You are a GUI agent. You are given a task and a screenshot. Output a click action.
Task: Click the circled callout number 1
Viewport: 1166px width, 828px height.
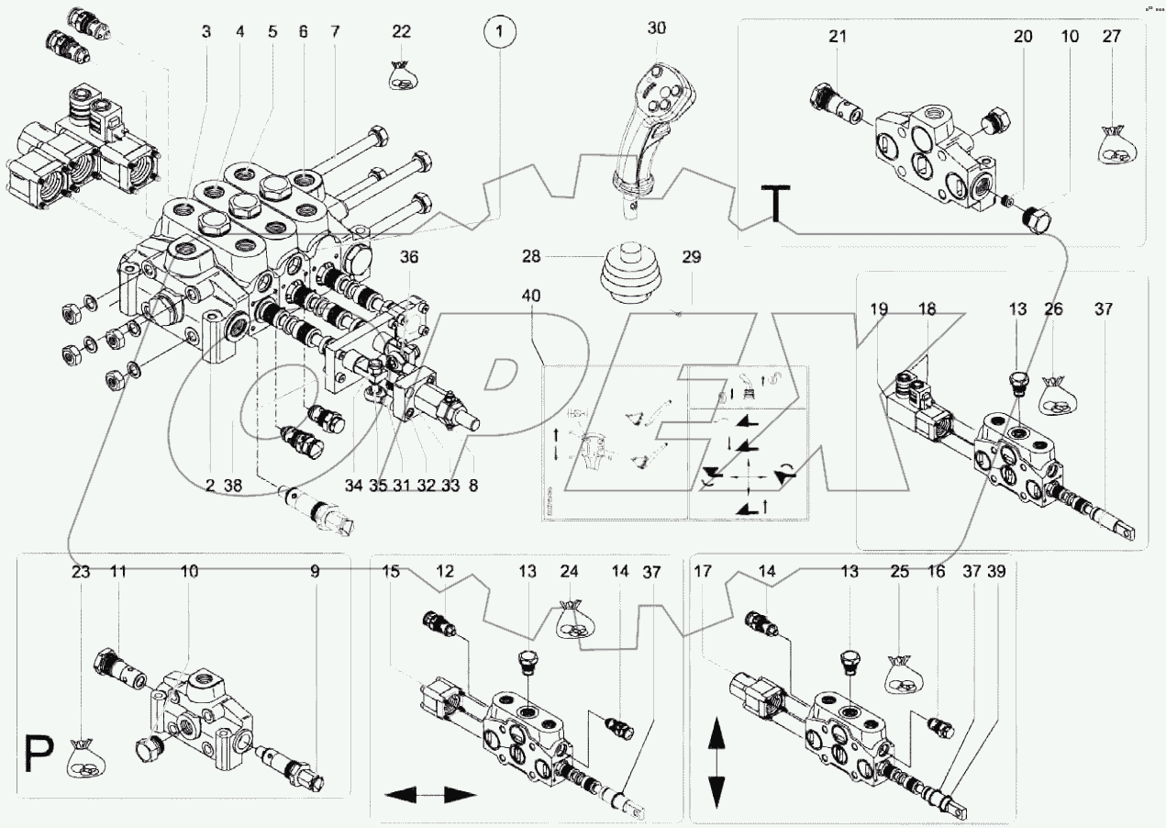pos(499,33)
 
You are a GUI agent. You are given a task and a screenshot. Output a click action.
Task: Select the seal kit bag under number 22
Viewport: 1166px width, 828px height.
pos(401,75)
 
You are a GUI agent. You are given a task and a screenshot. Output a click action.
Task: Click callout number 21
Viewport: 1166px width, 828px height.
pos(838,37)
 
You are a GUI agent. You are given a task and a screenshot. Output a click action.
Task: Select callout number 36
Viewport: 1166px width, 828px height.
pos(408,258)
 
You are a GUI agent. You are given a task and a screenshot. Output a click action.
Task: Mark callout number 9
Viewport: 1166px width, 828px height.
pos(315,571)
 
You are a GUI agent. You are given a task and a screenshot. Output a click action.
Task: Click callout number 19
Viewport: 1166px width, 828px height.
pos(879,310)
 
